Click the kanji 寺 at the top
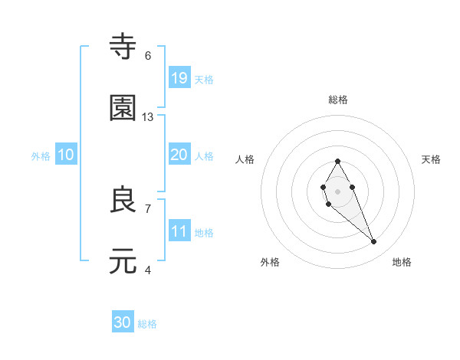click(123, 47)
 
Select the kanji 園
click(123, 108)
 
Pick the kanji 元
click(123, 261)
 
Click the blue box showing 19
click(179, 77)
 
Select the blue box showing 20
click(179, 155)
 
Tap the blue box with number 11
click(179, 231)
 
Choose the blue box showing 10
click(66, 155)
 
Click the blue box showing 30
click(123, 323)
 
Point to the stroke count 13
click(148, 117)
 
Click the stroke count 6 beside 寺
click(148, 56)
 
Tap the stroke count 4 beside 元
click(148, 270)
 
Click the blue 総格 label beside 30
click(147, 325)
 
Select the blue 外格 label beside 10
click(41, 156)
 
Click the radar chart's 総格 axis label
click(338, 100)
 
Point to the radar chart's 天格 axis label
click(432, 159)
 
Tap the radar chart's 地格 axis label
click(402, 262)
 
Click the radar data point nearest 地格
click(374, 242)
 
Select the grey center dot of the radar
click(337, 191)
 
